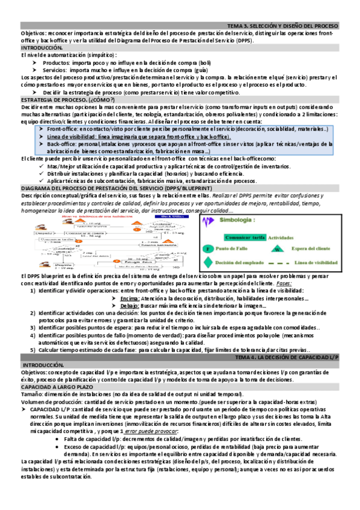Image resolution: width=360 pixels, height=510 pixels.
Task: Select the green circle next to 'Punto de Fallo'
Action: pos(207,248)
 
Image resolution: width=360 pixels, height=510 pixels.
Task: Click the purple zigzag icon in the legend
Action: pos(209,221)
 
